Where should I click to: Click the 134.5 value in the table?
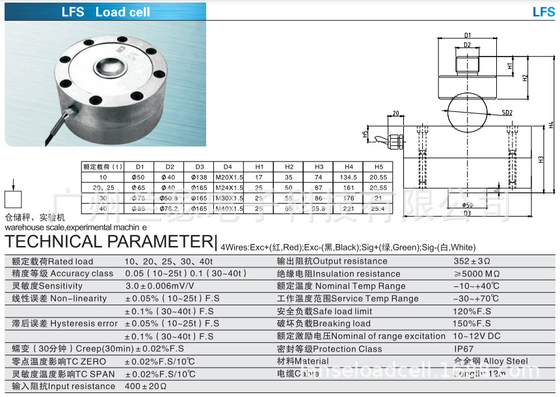(x=349, y=177)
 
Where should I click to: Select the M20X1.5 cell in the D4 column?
(x=228, y=177)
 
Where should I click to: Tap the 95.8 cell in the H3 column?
(x=319, y=208)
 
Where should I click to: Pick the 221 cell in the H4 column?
(x=349, y=208)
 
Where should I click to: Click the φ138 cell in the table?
(x=198, y=177)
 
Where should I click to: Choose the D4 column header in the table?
(x=228, y=167)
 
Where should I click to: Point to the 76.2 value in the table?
(x=170, y=208)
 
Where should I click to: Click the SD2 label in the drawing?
(x=507, y=113)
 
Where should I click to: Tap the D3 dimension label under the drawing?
(x=467, y=213)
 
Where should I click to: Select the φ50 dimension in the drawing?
(x=468, y=204)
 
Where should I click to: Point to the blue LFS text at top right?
(x=543, y=12)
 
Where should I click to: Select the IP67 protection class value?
(x=464, y=349)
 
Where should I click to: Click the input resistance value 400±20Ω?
(x=146, y=386)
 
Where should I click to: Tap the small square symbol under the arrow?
(x=14, y=199)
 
